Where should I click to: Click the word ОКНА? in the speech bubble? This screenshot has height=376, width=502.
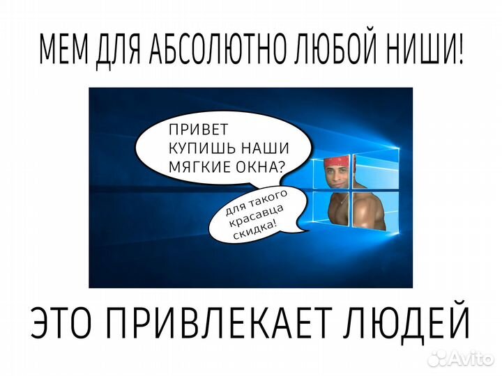[x=268, y=166]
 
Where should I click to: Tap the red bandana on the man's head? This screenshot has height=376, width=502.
[x=337, y=164]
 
